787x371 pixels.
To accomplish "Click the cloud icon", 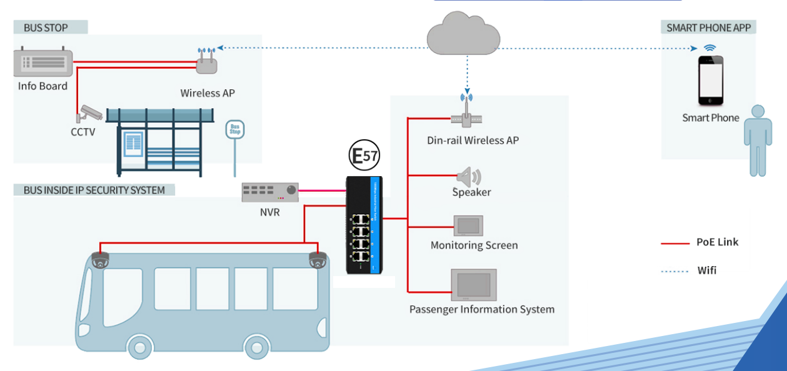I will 463,35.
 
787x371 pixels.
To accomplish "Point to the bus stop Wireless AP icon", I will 207,61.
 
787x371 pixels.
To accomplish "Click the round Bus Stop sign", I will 235,130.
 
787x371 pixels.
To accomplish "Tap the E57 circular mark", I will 364,156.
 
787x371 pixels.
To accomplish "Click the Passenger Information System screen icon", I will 473,285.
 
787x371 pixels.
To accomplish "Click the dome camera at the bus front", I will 100,260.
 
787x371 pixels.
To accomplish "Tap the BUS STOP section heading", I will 46,27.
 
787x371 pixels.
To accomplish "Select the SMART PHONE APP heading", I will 708,27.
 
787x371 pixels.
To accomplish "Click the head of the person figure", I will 758,113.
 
